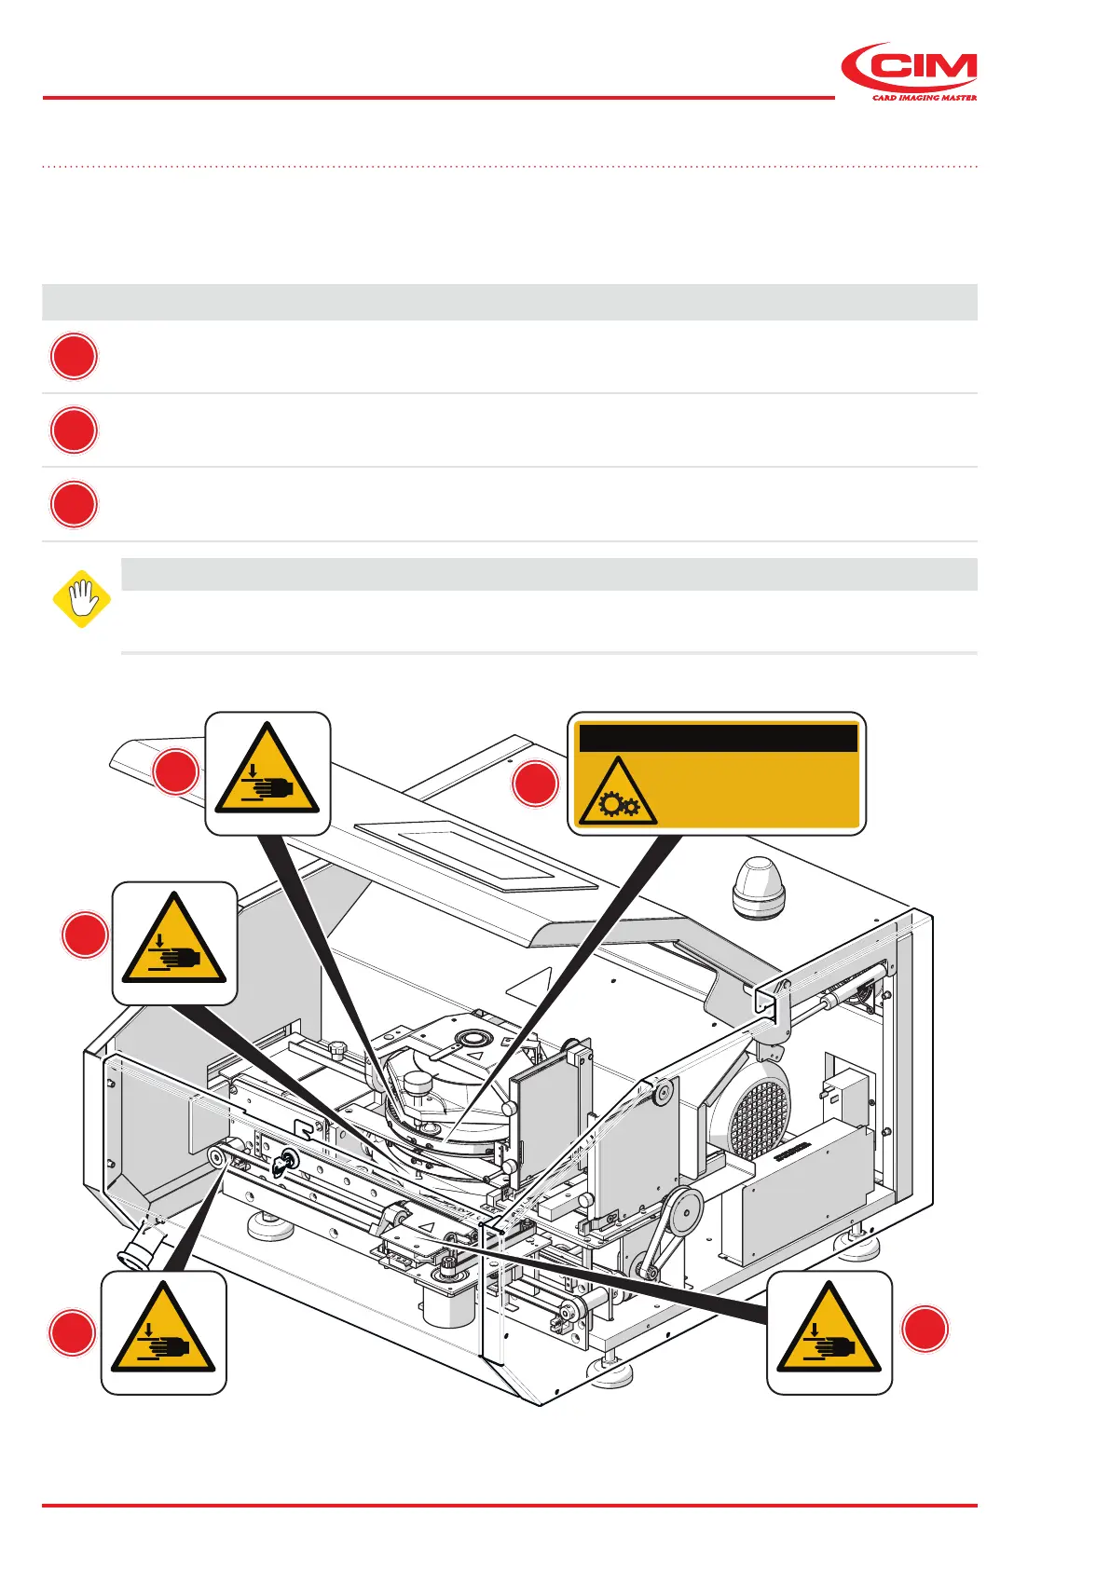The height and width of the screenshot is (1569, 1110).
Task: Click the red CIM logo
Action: [x=909, y=68]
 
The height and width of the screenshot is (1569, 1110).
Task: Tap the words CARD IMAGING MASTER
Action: [x=924, y=97]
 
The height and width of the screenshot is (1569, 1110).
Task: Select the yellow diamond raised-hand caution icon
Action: [x=82, y=599]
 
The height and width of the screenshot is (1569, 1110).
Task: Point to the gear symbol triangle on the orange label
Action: [x=616, y=793]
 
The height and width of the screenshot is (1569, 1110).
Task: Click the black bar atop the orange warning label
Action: [x=718, y=738]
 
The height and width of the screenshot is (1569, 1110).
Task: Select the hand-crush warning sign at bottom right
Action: [x=829, y=1332]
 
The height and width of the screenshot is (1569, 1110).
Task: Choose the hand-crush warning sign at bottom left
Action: [x=163, y=1332]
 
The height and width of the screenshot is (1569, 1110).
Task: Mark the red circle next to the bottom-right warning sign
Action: [x=925, y=1329]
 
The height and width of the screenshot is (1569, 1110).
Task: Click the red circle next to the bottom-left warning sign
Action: [x=72, y=1333]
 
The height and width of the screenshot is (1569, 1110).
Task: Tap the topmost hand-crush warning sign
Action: [x=267, y=773]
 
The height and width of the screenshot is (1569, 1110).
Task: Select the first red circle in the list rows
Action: [x=74, y=357]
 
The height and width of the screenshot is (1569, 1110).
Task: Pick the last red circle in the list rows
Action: [x=74, y=505]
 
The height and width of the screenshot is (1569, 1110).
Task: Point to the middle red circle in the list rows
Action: [x=74, y=430]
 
